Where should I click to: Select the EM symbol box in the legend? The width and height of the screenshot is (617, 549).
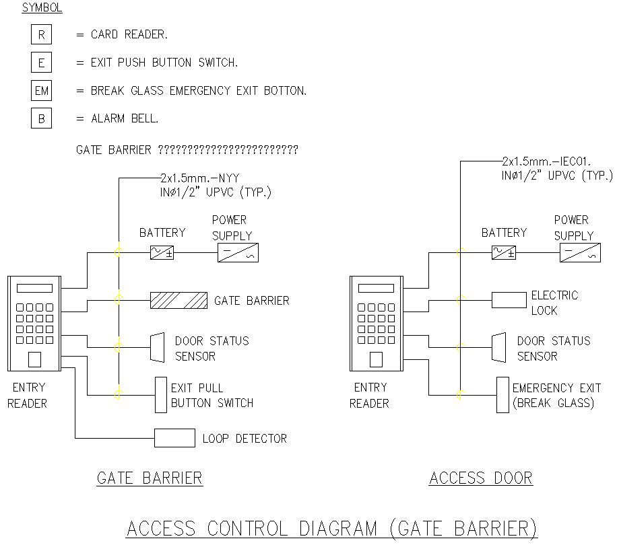pos(41,90)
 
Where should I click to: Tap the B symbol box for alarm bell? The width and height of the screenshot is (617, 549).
pos(41,118)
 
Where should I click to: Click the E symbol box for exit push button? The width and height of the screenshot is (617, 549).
pos(41,63)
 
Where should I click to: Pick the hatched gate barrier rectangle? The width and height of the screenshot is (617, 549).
pos(178,300)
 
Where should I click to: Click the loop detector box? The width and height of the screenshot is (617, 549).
pos(174,438)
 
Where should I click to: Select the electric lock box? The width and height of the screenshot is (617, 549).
pos(509,299)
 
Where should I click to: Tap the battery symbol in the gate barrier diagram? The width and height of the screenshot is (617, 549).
pos(162,253)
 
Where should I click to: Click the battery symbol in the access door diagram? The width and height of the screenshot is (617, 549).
pos(503,253)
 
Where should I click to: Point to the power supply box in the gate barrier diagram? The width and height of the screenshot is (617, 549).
pos(238,253)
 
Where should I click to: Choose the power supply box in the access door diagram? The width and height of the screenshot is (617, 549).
pos(579,253)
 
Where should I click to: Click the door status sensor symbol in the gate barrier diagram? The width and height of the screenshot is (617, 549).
pos(156,347)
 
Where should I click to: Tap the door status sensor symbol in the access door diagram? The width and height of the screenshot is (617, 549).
pos(498,347)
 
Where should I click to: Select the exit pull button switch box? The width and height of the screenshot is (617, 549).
pos(160,395)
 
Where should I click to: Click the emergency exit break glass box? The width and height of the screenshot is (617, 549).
pos(502,395)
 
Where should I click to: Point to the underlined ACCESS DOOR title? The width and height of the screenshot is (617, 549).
pos(481,478)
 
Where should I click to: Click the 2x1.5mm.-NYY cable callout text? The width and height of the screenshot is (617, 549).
pos(200,178)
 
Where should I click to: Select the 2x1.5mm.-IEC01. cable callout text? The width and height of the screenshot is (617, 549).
pos(546,161)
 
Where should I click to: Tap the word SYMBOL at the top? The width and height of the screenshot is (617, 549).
pos(42,8)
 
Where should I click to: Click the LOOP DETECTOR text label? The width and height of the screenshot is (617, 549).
pos(245,439)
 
